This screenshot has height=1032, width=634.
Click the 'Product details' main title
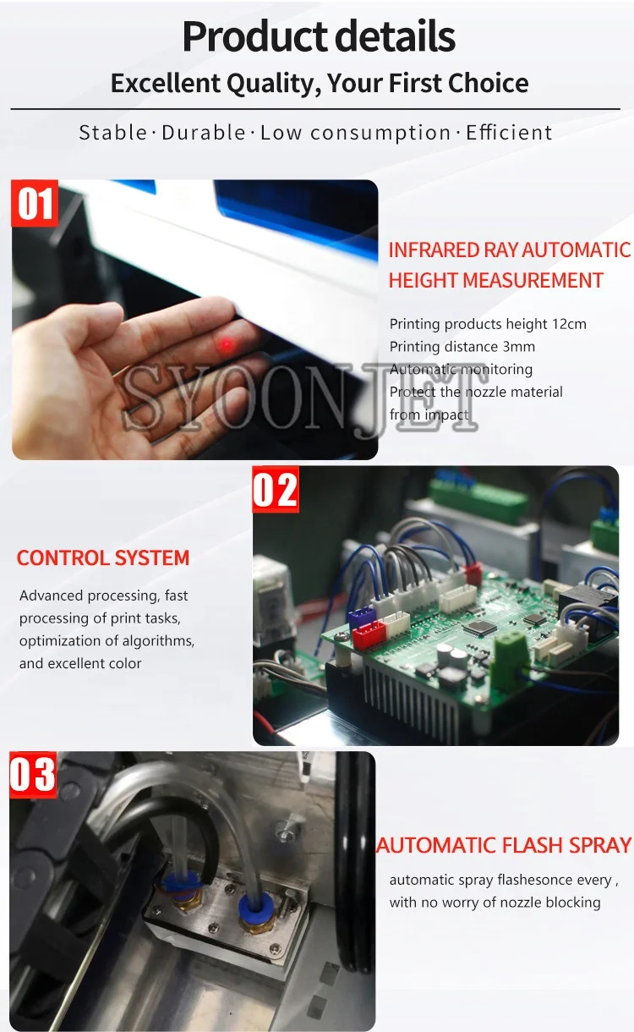[319, 36]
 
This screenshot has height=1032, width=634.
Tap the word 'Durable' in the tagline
[204, 133]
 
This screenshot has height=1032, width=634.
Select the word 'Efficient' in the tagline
[509, 133]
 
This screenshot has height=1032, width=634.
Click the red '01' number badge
[35, 204]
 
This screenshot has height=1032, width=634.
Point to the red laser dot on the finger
[226, 344]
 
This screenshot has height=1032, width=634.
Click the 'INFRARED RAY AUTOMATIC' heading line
[509, 250]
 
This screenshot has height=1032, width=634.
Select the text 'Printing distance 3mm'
[462, 346]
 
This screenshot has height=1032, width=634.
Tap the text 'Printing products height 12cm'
[488, 324]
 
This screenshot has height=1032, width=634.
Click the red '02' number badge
[276, 490]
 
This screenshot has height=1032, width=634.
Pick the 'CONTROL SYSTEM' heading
[103, 558]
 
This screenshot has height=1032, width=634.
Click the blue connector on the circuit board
[361, 618]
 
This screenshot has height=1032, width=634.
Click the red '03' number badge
[33, 775]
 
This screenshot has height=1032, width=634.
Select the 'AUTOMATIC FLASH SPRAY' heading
[504, 845]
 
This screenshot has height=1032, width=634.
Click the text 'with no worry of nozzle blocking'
[495, 903]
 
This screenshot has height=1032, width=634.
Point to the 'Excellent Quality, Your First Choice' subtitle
[320, 84]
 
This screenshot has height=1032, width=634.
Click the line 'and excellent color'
[80, 663]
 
